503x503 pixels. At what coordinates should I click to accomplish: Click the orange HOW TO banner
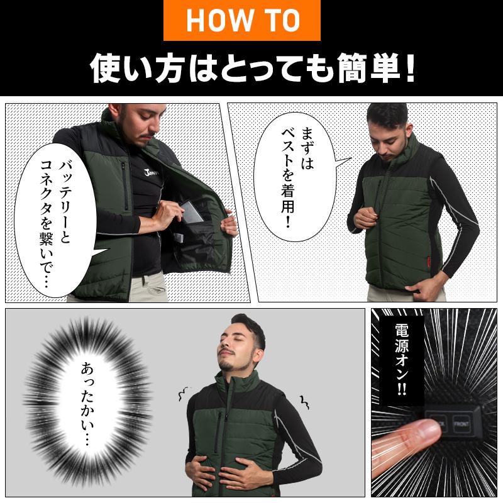pos(242,20)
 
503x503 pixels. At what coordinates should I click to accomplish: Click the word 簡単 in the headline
pos(370,69)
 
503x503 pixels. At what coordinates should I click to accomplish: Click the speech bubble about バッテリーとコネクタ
pos(56,221)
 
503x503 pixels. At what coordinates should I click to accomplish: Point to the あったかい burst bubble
pos(87,404)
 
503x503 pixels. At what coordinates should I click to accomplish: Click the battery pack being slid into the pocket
pos(192,212)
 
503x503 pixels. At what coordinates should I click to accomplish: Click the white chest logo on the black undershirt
pos(151,173)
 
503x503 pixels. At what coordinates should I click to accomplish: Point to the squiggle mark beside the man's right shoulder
pos(183,394)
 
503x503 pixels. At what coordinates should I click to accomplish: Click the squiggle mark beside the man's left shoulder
pos(304,402)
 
